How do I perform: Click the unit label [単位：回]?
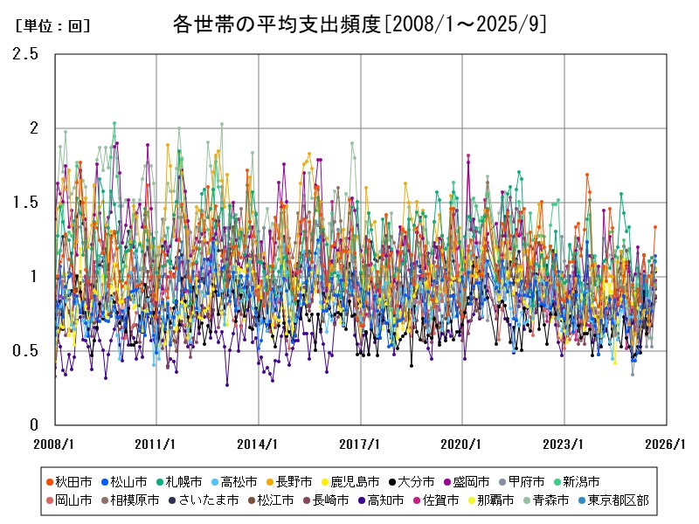(x=52, y=26)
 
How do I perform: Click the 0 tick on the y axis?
(x=33, y=425)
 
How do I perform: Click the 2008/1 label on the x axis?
(x=54, y=444)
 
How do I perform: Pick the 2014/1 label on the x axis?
(x=259, y=444)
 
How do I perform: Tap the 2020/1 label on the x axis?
(x=462, y=444)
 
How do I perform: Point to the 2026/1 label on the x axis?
(x=666, y=444)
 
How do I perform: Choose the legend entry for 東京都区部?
(x=617, y=500)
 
